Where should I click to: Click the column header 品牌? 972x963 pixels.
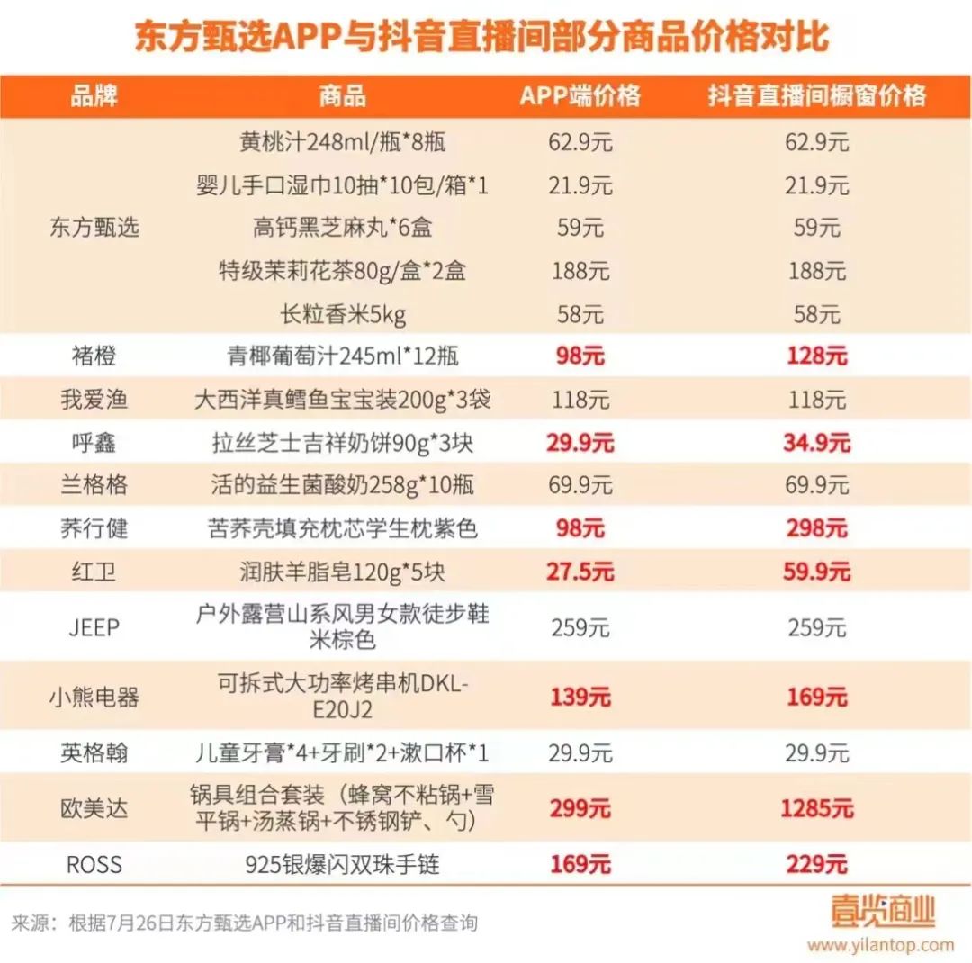pyautogui.click(x=94, y=95)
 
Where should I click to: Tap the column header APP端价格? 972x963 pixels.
pyautogui.click(x=580, y=95)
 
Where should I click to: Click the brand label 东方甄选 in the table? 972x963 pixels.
pyautogui.click(x=94, y=228)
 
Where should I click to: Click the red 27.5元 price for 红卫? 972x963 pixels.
pyautogui.click(x=580, y=571)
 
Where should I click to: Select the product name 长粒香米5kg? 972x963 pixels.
pyautogui.click(x=343, y=314)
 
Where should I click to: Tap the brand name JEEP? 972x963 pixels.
pyautogui.click(x=94, y=627)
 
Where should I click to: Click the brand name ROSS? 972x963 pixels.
pyautogui.click(x=94, y=865)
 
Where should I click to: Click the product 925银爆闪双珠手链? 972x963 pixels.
pyautogui.click(x=343, y=865)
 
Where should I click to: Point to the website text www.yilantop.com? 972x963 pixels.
pyautogui.click(x=880, y=945)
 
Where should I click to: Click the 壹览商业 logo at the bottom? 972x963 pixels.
pyautogui.click(x=883, y=911)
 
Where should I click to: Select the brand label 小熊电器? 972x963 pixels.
pyautogui.click(x=94, y=697)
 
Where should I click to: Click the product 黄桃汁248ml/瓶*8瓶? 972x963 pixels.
pyautogui.click(x=343, y=142)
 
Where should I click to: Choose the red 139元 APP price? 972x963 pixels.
pyautogui.click(x=580, y=697)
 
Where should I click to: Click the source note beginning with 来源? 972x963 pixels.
pyautogui.click(x=244, y=923)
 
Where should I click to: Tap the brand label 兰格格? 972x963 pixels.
pyautogui.click(x=94, y=486)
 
